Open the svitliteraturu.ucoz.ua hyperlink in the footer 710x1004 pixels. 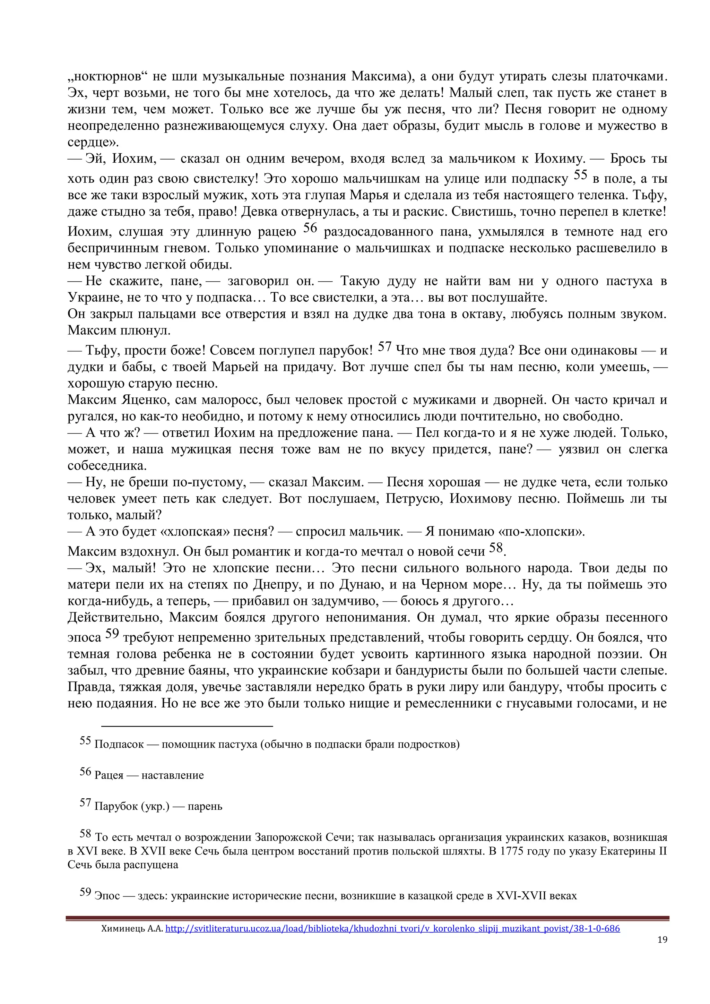tap(392, 928)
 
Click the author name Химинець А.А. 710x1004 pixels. tap(132, 928)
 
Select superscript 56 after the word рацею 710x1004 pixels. tap(310, 228)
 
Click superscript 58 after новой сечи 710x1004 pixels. tap(496, 548)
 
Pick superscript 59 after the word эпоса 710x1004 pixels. tap(112, 634)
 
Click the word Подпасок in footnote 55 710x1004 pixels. tap(119, 744)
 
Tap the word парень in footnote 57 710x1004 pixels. tap(205, 806)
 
